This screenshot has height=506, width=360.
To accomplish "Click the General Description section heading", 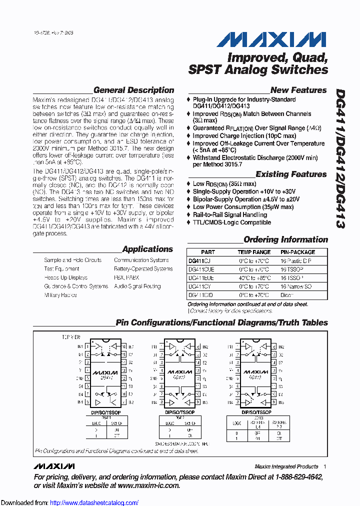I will tap(133, 90).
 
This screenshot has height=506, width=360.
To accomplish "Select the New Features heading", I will tap(298, 90).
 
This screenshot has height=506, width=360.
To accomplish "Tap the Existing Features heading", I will tap(291, 174).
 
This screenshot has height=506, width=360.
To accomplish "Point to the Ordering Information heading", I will tap(285, 239).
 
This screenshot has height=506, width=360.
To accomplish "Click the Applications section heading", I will tap(147, 249).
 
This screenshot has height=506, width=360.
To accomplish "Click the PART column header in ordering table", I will tap(207, 252).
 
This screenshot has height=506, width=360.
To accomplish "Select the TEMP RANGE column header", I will tap(253, 252).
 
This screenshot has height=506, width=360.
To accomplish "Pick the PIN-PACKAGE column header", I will tap(297, 252).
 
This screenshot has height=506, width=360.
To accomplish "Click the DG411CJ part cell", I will tap(199, 260).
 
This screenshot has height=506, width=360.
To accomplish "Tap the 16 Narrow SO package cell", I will tap(296, 286).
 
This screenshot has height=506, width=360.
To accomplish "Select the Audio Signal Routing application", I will tap(137, 286).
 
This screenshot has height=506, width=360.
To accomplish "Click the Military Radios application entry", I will tap(60, 295).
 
